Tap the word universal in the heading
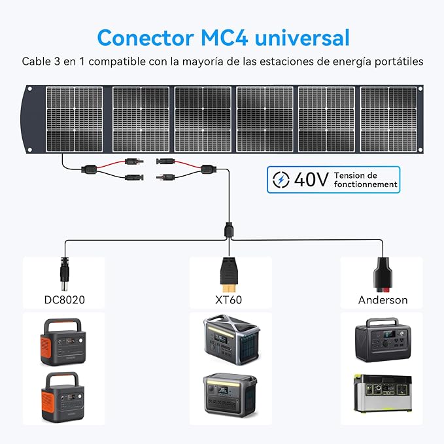[x=302, y=38]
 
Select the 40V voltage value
[x=311, y=180]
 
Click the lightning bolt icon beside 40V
[x=281, y=180]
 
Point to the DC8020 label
[x=65, y=300]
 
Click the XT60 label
[x=228, y=300]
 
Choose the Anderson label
[x=383, y=300]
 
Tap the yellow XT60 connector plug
[x=229, y=274]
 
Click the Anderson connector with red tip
[x=383, y=274]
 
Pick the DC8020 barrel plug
[x=65, y=273]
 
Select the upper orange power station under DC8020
[x=63, y=342]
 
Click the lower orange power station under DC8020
[x=63, y=397]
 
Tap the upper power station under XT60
[x=231, y=340]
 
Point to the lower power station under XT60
[x=230, y=395]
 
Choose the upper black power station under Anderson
[x=383, y=340]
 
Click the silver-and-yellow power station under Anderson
[x=383, y=394]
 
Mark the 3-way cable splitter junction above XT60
[x=229, y=231]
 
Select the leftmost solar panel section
[x=74, y=119]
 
